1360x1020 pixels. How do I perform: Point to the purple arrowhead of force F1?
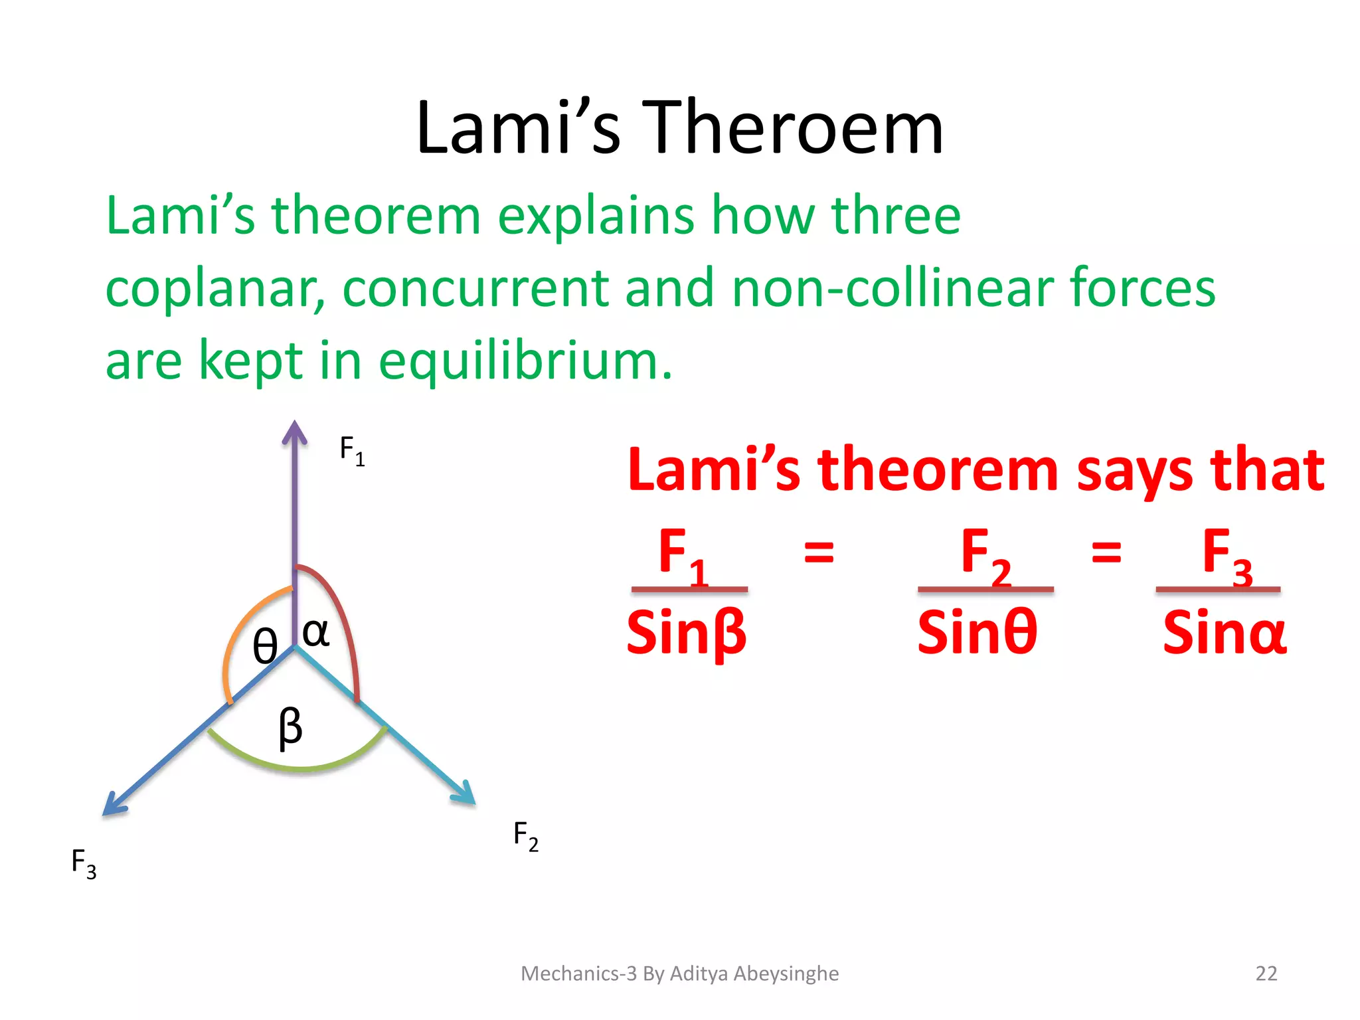[x=294, y=432]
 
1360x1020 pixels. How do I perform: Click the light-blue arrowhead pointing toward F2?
[x=464, y=793]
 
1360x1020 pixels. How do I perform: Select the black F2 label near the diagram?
[x=525, y=835]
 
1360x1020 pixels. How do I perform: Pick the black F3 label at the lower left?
[x=84, y=863]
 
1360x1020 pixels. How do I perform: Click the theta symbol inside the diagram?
[x=265, y=646]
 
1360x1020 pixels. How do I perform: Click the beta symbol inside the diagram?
[x=290, y=727]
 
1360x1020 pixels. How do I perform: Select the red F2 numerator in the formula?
[x=985, y=555]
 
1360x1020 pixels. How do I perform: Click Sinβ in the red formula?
[x=687, y=633]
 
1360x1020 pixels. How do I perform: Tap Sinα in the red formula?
[x=1225, y=633]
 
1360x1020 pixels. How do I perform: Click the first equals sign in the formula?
[x=819, y=552]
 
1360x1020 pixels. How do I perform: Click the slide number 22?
[x=1266, y=974]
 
